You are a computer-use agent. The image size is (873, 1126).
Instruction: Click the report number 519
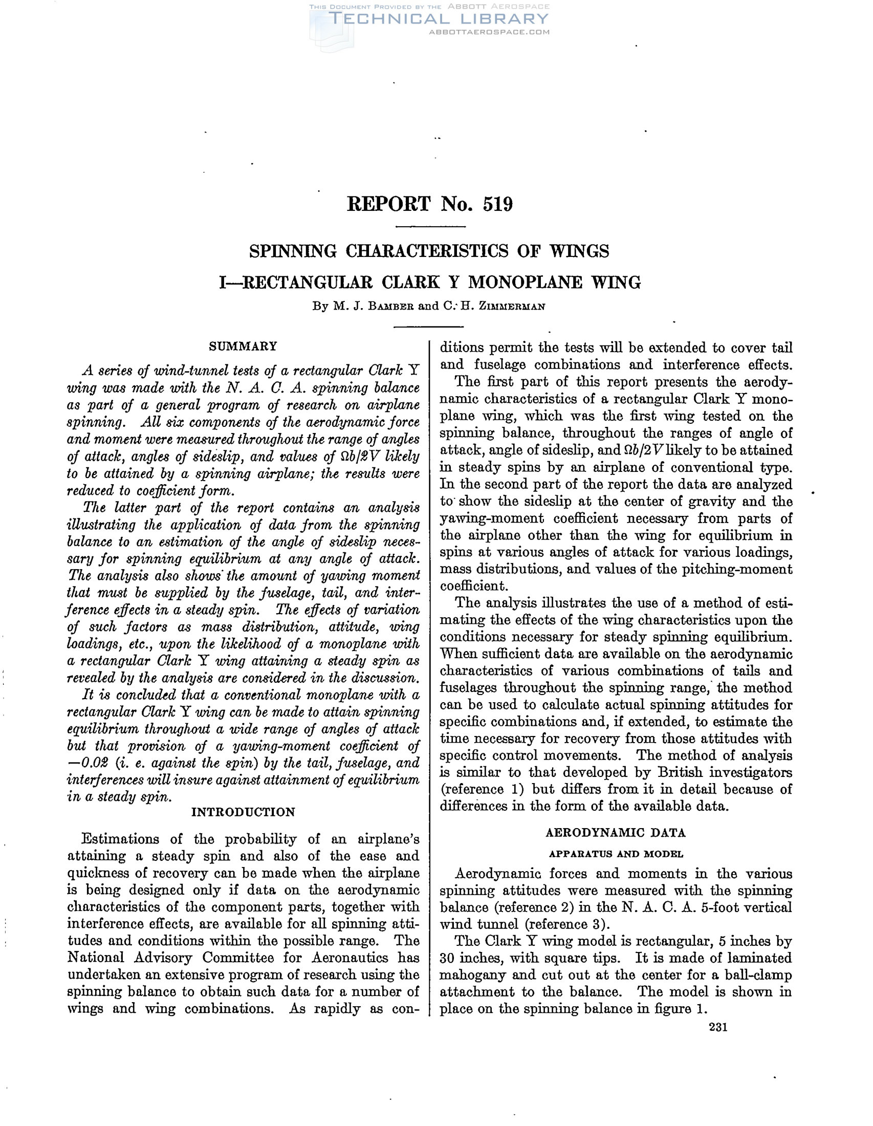click(x=498, y=205)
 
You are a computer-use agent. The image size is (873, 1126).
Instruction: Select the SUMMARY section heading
click(x=243, y=346)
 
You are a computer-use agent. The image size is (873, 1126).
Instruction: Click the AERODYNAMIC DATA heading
click(x=615, y=833)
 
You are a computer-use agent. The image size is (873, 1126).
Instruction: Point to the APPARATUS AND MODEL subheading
click(x=615, y=854)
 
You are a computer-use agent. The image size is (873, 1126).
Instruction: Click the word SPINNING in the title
click(x=293, y=251)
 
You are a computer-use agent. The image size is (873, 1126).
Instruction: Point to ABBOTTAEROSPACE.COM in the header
click(x=489, y=32)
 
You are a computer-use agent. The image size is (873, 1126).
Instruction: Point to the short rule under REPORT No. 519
click(x=430, y=227)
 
